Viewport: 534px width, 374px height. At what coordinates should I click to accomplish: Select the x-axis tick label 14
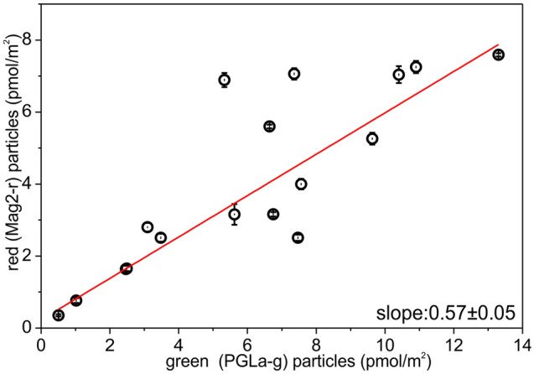[521, 344]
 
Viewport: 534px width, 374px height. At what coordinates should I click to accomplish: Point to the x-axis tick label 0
[42, 344]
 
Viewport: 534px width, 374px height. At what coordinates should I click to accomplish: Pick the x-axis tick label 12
[453, 344]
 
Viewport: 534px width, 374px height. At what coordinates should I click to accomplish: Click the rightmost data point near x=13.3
[498, 55]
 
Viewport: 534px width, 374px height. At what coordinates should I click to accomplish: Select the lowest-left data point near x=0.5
[58, 315]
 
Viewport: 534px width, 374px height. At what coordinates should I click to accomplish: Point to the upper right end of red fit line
[498, 45]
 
